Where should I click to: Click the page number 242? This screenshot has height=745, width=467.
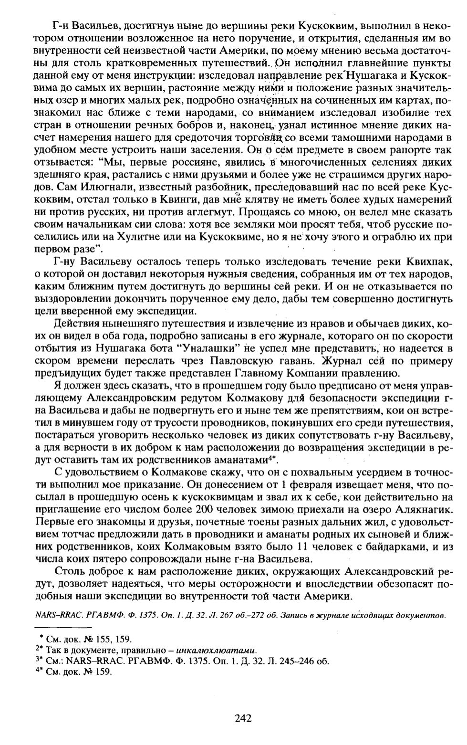pyautogui.click(x=243, y=718)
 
